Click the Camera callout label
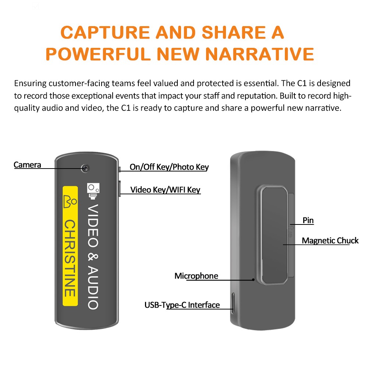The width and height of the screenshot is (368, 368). [27, 165]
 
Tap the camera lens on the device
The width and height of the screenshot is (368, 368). [85, 168]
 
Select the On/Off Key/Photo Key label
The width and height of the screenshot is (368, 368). [169, 167]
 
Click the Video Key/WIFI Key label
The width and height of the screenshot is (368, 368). [165, 190]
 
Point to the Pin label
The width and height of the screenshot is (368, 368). [308, 220]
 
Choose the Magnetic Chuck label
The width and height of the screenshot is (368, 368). [330, 241]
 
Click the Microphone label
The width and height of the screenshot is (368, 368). [196, 276]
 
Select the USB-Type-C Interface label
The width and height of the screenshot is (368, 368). [182, 305]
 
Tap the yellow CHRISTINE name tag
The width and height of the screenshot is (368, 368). [70, 246]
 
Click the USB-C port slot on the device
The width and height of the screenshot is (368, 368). [233, 302]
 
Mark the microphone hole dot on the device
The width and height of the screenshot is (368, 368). [254, 279]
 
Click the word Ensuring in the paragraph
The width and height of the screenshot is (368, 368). [30, 83]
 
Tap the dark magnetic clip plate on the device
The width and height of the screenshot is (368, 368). [274, 236]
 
